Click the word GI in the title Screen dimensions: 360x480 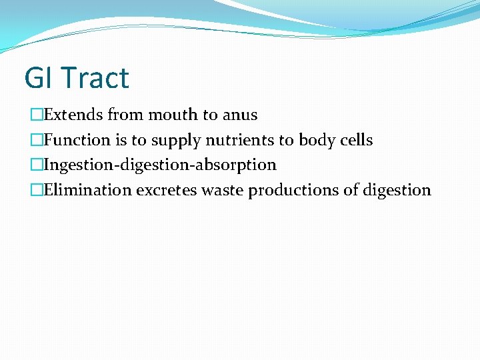coord(37,78)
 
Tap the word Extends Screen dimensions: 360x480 coord(73,115)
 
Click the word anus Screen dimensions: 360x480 coord(240,115)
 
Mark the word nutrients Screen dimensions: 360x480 coord(242,140)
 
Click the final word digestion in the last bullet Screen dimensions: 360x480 coord(396,191)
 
